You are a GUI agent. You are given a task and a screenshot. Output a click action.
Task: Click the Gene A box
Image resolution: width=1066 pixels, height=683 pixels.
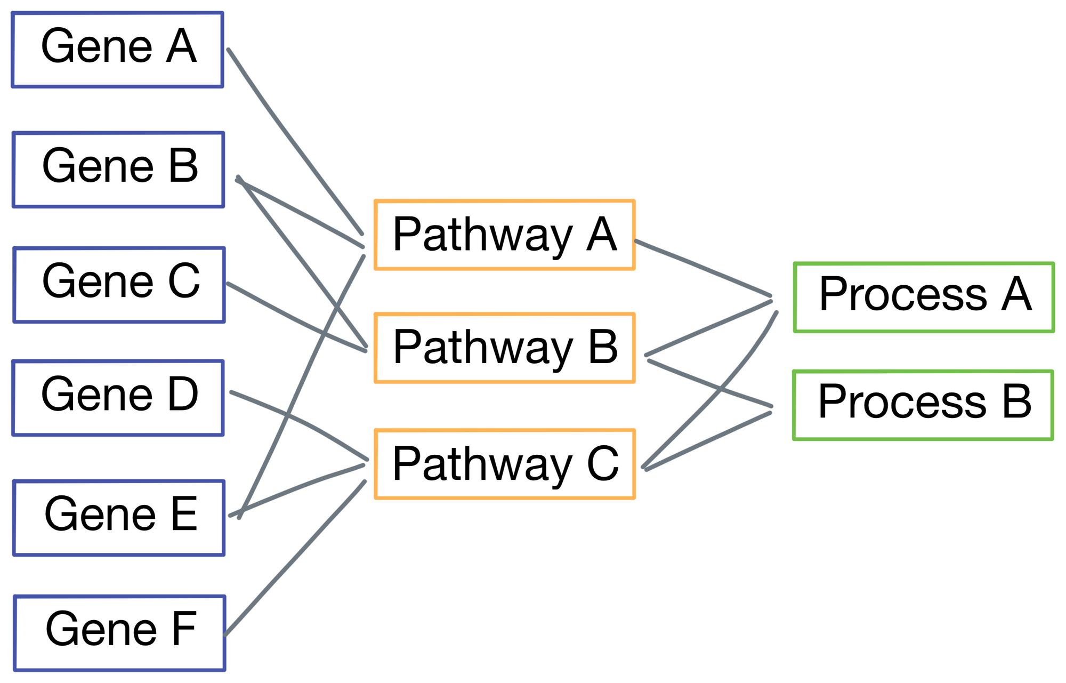pyautogui.click(x=117, y=49)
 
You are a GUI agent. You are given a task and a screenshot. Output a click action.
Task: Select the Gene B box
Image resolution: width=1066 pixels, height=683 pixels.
pyautogui.click(x=118, y=169)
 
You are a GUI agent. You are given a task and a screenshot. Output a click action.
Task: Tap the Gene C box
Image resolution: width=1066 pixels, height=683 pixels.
pyautogui.click(x=119, y=284)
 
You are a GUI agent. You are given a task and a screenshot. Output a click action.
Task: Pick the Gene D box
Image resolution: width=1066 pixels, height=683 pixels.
pyautogui.click(x=118, y=398)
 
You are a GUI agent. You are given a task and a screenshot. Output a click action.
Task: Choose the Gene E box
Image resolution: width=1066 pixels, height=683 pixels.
pyautogui.click(x=119, y=517)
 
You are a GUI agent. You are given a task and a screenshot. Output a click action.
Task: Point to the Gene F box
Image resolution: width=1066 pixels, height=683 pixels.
pyautogui.click(x=119, y=632)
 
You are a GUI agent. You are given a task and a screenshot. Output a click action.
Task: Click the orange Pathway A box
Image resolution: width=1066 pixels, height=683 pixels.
pyautogui.click(x=504, y=235)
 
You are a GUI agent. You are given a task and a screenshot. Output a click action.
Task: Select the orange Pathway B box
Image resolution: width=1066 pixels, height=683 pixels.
pyautogui.click(x=504, y=348)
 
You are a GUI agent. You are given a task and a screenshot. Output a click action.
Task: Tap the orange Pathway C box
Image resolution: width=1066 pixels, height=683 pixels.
pyautogui.click(x=504, y=463)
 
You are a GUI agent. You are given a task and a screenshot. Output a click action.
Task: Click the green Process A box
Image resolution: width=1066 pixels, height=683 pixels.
pyautogui.click(x=923, y=297)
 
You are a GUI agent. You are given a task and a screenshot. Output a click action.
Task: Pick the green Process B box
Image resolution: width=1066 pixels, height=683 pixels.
pyautogui.click(x=923, y=405)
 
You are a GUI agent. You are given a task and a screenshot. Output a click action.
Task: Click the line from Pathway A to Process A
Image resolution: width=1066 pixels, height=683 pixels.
pyautogui.click(x=704, y=267)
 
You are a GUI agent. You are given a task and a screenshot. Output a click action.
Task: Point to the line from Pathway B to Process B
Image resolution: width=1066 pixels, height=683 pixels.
pyautogui.click(x=709, y=383)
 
